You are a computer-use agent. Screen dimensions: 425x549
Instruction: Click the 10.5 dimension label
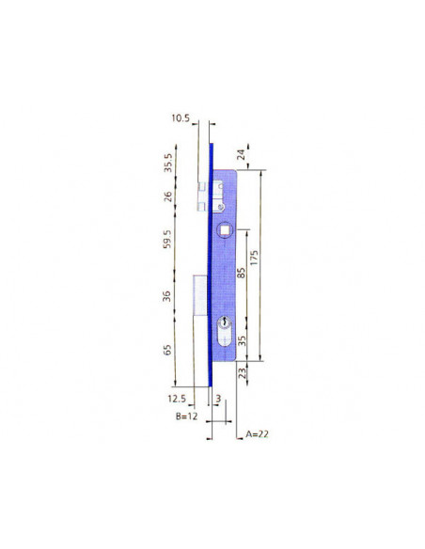pos(181,118)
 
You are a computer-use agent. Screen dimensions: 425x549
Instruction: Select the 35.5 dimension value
pos(168,163)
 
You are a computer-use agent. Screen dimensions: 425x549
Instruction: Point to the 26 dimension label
pos(168,196)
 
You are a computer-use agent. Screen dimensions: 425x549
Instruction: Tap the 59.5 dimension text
pos(167,239)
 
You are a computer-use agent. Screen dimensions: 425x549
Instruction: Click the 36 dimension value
pos(167,296)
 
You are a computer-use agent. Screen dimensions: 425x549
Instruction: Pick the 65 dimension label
pos(167,350)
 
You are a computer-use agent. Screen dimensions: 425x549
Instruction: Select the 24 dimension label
pos(242,154)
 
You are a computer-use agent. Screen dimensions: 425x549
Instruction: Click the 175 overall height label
pos(254,258)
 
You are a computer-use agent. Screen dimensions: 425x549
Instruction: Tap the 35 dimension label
pos(242,340)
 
